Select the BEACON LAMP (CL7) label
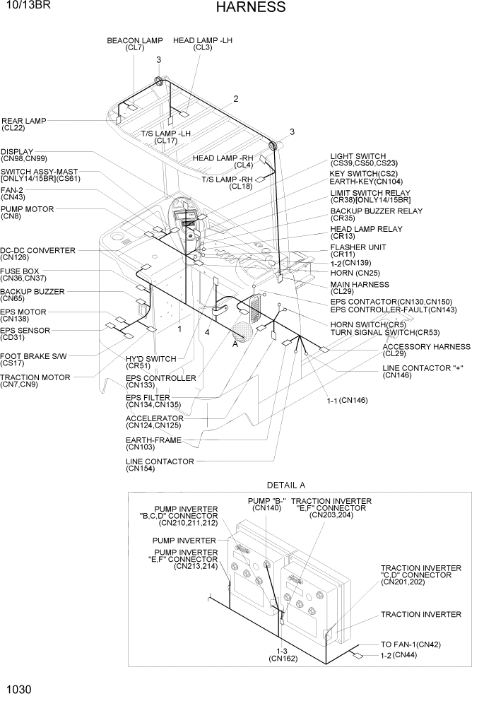click(x=134, y=45)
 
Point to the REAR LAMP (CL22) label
click(x=23, y=124)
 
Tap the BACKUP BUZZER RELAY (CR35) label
click(x=376, y=215)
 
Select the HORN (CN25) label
click(x=355, y=273)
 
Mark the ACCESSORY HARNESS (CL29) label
click(x=426, y=350)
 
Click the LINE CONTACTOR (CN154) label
click(x=160, y=465)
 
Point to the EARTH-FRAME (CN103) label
click(x=153, y=443)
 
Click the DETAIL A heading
click(x=285, y=485)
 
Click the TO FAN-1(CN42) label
click(x=411, y=644)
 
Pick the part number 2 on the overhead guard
click(x=236, y=98)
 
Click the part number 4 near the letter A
click(x=207, y=331)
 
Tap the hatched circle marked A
click(x=243, y=331)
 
